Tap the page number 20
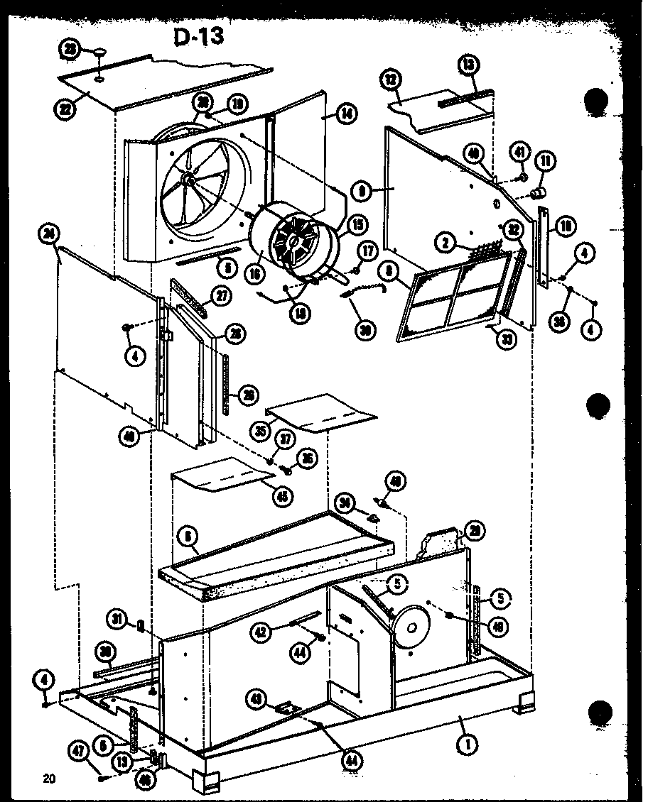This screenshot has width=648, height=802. click(49, 779)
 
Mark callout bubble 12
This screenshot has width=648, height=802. click(390, 80)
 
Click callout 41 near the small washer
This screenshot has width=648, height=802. click(522, 152)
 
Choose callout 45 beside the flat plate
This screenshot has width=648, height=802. click(284, 497)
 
